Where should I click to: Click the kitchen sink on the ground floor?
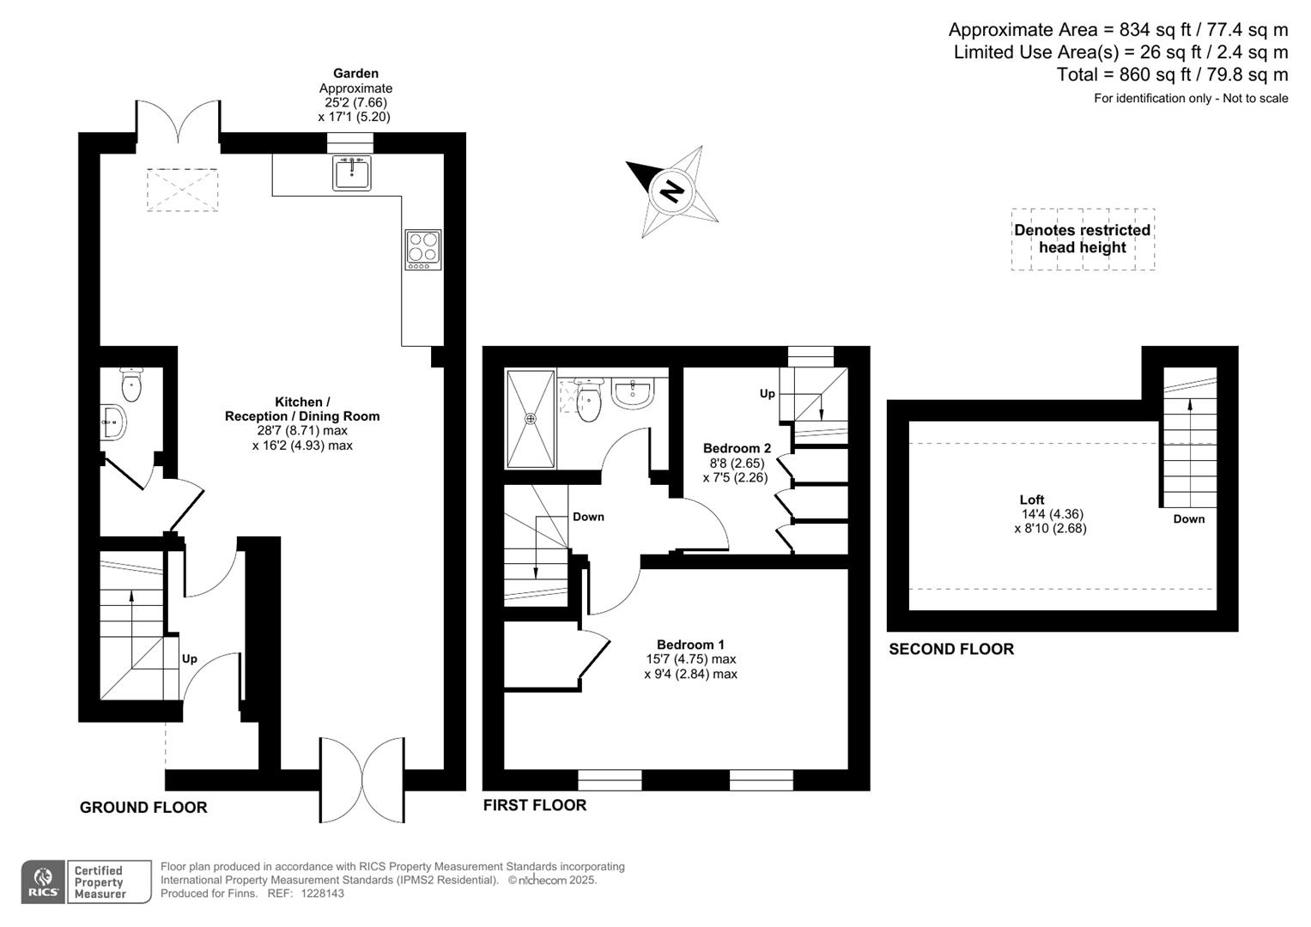(352, 173)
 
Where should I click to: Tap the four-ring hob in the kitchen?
(423, 249)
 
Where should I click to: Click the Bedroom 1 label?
(690, 645)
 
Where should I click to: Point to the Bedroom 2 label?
(737, 448)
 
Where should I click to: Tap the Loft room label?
(1032, 500)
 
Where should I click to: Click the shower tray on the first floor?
(531, 419)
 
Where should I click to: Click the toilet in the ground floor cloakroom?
(131, 385)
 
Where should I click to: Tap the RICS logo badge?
(43, 882)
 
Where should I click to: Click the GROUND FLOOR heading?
(143, 808)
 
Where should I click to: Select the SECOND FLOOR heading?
(951, 650)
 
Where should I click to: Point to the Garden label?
(355, 74)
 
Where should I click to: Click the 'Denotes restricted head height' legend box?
(1083, 239)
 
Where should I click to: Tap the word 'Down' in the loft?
(1189, 519)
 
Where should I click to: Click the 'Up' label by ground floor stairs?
(190, 659)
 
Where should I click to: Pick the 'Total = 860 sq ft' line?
(1172, 75)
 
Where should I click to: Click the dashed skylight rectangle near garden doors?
(182, 190)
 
